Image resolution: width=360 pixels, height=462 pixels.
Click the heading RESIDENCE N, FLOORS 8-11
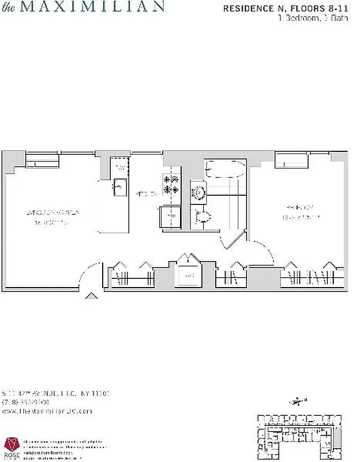pyautogui.click(x=289, y=9)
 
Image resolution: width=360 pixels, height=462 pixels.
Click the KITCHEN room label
pyautogui.click(x=146, y=195)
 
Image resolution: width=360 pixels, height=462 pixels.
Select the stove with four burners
pyautogui.click(x=171, y=184)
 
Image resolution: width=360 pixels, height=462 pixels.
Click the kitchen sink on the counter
pyautogui.click(x=121, y=185)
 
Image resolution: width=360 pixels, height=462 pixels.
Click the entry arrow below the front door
pyautogui.click(x=91, y=296)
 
